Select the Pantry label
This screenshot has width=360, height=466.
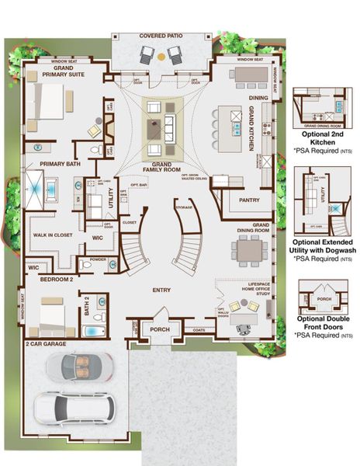point(249,200)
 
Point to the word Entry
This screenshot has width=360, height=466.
point(161,290)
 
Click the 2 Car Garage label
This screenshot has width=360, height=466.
point(45,342)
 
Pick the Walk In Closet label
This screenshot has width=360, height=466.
point(53,234)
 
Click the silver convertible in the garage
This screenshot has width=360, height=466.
point(77,365)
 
